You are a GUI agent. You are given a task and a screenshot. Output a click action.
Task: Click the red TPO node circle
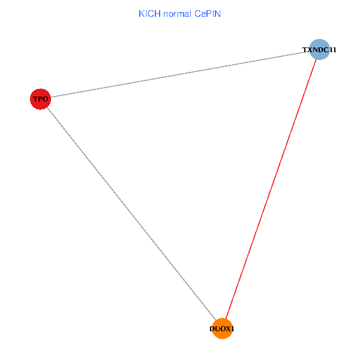click(x=40, y=99)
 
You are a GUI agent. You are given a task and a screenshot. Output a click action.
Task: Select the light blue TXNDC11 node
click(x=320, y=49)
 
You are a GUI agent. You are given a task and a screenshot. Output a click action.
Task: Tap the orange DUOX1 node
click(x=222, y=329)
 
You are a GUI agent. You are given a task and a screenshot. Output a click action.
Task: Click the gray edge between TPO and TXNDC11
click(x=180, y=74)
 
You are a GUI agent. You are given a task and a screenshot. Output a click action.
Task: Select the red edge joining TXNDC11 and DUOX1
click(x=271, y=189)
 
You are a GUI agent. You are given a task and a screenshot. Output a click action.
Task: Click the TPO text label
click(x=40, y=99)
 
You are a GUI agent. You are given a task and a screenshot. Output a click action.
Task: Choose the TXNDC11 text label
click(x=319, y=50)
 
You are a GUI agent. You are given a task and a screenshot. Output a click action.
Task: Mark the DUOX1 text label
click(x=222, y=329)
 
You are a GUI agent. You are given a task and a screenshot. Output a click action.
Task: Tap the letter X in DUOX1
click(x=228, y=329)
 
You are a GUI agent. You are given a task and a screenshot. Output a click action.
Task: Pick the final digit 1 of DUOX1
click(x=233, y=329)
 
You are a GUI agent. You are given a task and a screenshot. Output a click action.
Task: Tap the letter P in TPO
click(x=40, y=99)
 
